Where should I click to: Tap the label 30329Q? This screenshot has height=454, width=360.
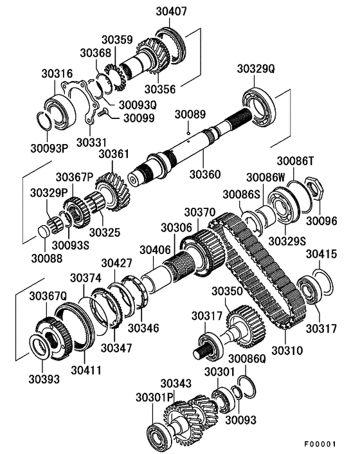click(256, 68)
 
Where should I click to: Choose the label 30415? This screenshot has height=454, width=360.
click(321, 255)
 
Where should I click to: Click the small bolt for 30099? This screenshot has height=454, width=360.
click(104, 114)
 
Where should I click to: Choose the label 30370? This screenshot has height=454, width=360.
click(199, 212)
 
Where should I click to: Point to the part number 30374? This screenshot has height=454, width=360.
click(85, 278)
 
